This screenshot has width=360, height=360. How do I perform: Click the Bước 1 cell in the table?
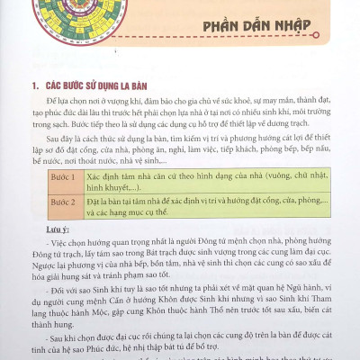tap(60, 178)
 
